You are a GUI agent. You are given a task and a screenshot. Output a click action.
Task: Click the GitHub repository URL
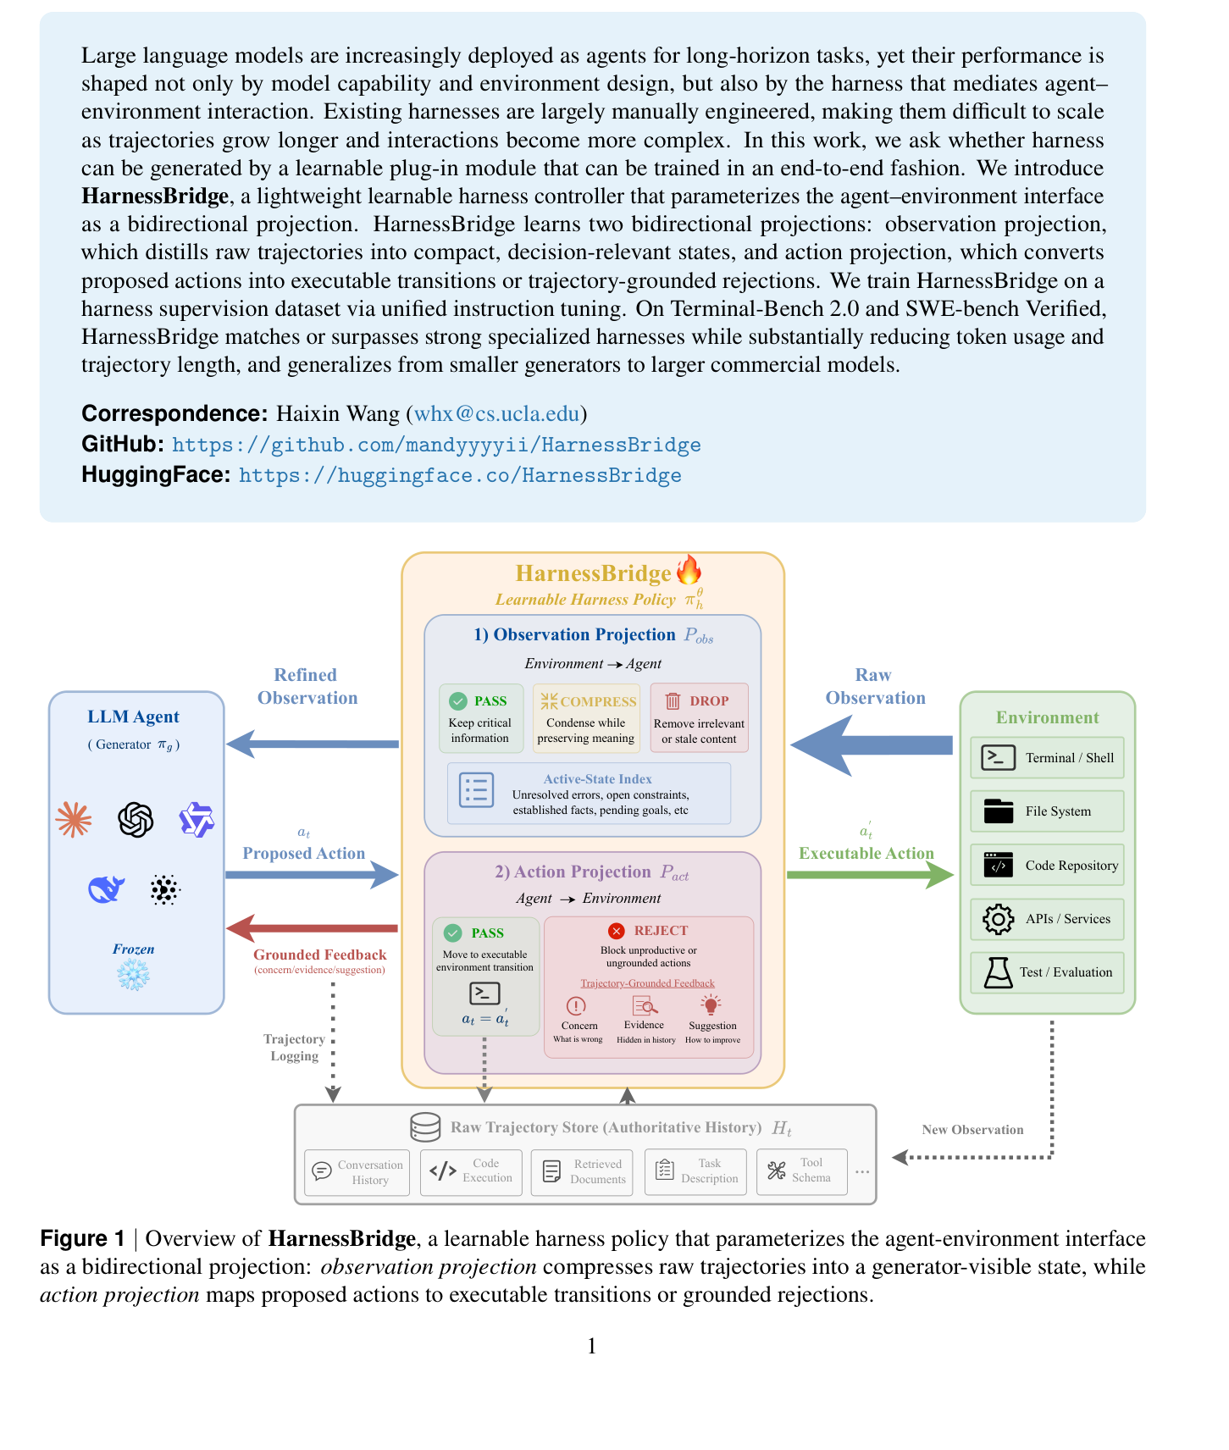click(436, 445)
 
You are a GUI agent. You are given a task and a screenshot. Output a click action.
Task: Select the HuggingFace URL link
click(460, 475)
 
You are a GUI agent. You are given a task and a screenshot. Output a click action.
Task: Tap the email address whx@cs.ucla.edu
click(496, 413)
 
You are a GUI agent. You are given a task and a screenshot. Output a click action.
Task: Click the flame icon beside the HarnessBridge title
click(689, 570)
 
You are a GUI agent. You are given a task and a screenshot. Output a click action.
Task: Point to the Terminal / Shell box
click(1047, 758)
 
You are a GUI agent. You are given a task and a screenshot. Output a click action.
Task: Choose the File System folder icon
click(999, 811)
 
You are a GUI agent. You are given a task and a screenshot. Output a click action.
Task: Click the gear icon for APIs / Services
click(999, 919)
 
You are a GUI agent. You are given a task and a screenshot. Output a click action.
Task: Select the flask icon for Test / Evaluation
click(999, 972)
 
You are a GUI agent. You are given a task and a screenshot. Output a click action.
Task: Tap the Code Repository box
click(1047, 865)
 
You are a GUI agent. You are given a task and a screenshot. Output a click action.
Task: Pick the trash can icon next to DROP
click(673, 700)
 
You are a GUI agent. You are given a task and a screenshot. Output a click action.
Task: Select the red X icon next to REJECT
click(617, 931)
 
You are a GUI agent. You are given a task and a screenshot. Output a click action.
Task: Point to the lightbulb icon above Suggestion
click(711, 1005)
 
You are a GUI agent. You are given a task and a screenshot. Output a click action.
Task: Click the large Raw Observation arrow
click(872, 745)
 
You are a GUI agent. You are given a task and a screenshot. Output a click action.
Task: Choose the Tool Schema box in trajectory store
click(801, 1171)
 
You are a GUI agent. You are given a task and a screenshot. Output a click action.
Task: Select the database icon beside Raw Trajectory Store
click(425, 1127)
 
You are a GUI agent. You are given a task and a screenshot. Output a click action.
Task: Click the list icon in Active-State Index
click(476, 789)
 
